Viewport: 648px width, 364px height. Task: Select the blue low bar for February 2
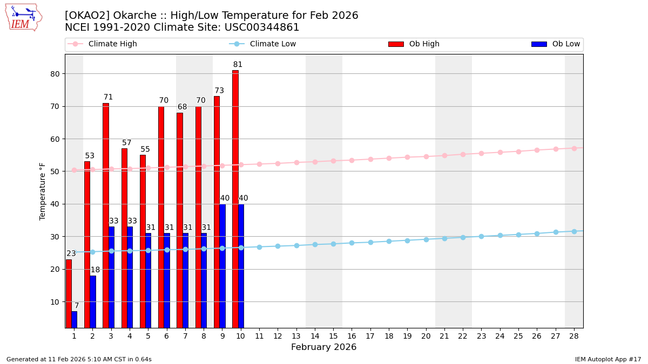tap(93, 301)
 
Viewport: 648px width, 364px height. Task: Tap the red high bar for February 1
tap(69, 293)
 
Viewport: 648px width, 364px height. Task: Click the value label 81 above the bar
tap(238, 65)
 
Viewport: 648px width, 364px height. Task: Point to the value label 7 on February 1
tap(77, 306)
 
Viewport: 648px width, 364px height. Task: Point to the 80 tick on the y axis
tap(55, 74)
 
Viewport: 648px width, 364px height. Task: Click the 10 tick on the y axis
tap(55, 302)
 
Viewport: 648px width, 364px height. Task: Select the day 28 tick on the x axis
tap(574, 336)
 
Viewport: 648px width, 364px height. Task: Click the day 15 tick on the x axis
tap(333, 336)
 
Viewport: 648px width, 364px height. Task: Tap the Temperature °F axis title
tap(43, 191)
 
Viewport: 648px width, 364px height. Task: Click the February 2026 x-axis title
tap(323, 347)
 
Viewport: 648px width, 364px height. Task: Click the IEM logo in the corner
tap(23, 17)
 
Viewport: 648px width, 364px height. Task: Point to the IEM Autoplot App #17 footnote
tap(607, 359)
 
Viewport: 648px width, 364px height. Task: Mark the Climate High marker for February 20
tap(426, 156)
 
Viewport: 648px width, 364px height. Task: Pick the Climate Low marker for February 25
tap(518, 235)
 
